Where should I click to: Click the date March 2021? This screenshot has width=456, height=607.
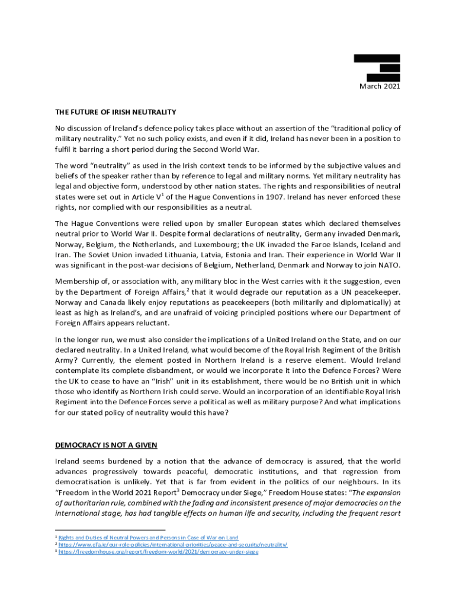point(380,87)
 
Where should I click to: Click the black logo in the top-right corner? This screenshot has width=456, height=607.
point(377,68)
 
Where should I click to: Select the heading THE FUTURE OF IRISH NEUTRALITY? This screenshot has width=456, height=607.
point(115,111)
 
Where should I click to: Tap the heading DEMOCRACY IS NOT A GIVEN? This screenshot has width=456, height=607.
point(106,445)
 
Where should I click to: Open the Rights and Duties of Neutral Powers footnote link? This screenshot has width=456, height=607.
point(148,538)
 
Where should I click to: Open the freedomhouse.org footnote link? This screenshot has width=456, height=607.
point(158,551)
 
